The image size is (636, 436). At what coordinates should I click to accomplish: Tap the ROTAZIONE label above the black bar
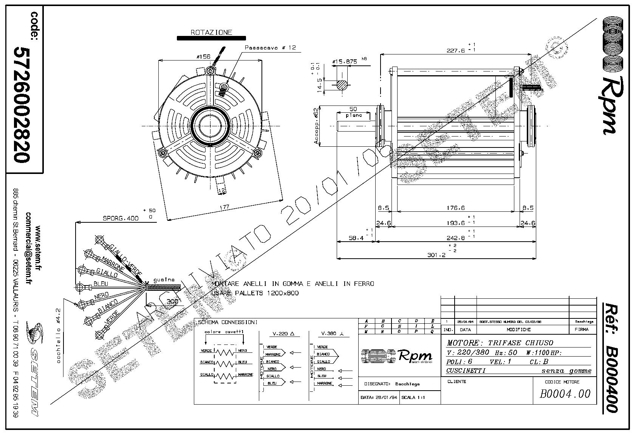point(211,33)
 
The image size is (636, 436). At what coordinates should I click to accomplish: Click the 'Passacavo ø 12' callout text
point(270,48)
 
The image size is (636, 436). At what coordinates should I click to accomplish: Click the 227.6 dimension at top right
point(455,51)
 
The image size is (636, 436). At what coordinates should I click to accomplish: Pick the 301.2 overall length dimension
point(436,254)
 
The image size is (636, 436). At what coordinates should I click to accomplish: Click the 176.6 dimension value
point(455,208)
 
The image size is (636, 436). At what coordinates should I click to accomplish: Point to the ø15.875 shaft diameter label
point(344,61)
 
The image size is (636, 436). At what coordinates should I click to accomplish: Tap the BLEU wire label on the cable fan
point(101,284)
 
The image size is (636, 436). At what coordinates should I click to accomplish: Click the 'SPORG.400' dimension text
point(121,218)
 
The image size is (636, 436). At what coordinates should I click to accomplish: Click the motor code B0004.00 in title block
point(565,394)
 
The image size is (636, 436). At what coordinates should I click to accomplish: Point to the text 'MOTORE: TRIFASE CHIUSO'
point(500,343)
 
